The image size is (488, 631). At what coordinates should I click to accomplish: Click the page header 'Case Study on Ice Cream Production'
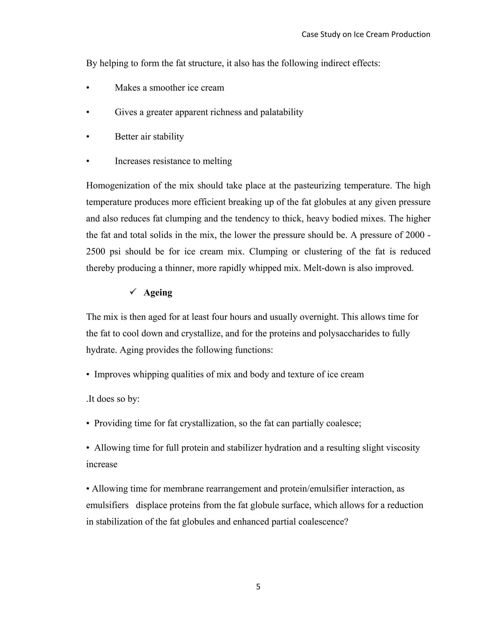pyautogui.click(x=366, y=34)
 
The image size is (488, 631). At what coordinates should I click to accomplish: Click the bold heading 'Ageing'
pyautogui.click(x=158, y=293)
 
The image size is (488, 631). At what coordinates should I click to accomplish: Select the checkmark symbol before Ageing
pyautogui.click(x=133, y=292)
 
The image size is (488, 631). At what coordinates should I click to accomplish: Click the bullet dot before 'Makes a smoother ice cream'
pyautogui.click(x=88, y=88)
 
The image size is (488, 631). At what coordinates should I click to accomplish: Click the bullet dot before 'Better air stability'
pyautogui.click(x=88, y=137)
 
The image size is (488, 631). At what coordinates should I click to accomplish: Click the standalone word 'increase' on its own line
pyautogui.click(x=102, y=465)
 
